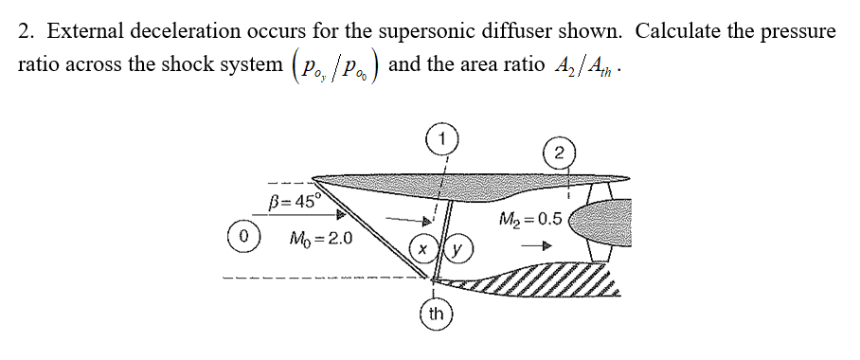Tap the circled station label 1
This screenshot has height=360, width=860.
click(x=442, y=138)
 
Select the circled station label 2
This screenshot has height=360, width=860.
click(x=560, y=152)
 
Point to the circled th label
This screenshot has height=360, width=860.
click(x=436, y=314)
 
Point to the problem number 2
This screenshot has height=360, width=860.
click(x=27, y=31)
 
